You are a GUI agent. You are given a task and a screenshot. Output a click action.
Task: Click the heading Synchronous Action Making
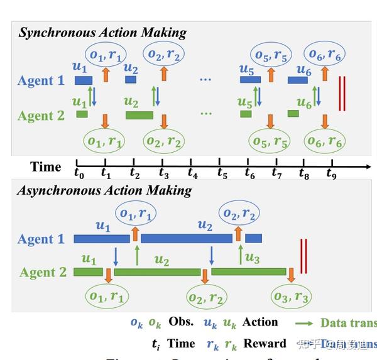coord(102,33)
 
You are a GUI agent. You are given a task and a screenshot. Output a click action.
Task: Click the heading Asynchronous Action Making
coord(105,190)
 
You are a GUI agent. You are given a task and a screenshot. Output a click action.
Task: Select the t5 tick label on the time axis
coord(222,174)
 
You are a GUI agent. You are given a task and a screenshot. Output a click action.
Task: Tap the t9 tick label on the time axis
coord(331,174)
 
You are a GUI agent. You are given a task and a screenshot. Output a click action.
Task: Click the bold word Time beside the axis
coord(46,167)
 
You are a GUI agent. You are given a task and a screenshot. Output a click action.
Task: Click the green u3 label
coord(252,258)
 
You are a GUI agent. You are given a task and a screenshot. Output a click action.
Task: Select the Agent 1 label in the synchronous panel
coord(41,80)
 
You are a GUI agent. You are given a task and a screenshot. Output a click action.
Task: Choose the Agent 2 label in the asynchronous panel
coord(43,272)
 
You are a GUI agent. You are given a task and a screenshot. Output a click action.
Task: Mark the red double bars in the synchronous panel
coord(342,94)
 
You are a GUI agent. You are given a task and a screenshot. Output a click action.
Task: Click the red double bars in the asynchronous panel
coord(303,256)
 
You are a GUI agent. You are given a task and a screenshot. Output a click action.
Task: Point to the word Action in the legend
coord(260,322)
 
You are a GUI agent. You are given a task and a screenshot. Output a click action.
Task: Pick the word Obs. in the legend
coord(181,322)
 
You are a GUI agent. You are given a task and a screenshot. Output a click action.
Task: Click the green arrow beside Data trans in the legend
coord(305,323)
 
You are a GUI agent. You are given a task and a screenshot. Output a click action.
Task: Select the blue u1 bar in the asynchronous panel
coord(101,239)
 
